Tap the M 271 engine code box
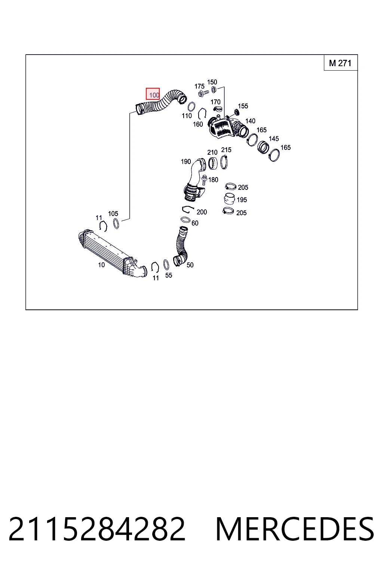[340, 63]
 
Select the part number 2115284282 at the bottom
[97, 529]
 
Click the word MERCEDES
[295, 529]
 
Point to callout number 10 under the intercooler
[101, 265]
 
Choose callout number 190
[186, 162]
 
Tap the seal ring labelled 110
[191, 107]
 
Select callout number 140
[250, 121]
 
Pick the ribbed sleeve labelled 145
[263, 147]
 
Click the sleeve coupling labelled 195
[229, 199]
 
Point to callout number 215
[226, 149]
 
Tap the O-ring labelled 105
[116, 224]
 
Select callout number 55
[169, 275]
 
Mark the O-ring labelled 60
[186, 220]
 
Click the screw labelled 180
[205, 180]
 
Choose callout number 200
[202, 212]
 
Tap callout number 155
[243, 106]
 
